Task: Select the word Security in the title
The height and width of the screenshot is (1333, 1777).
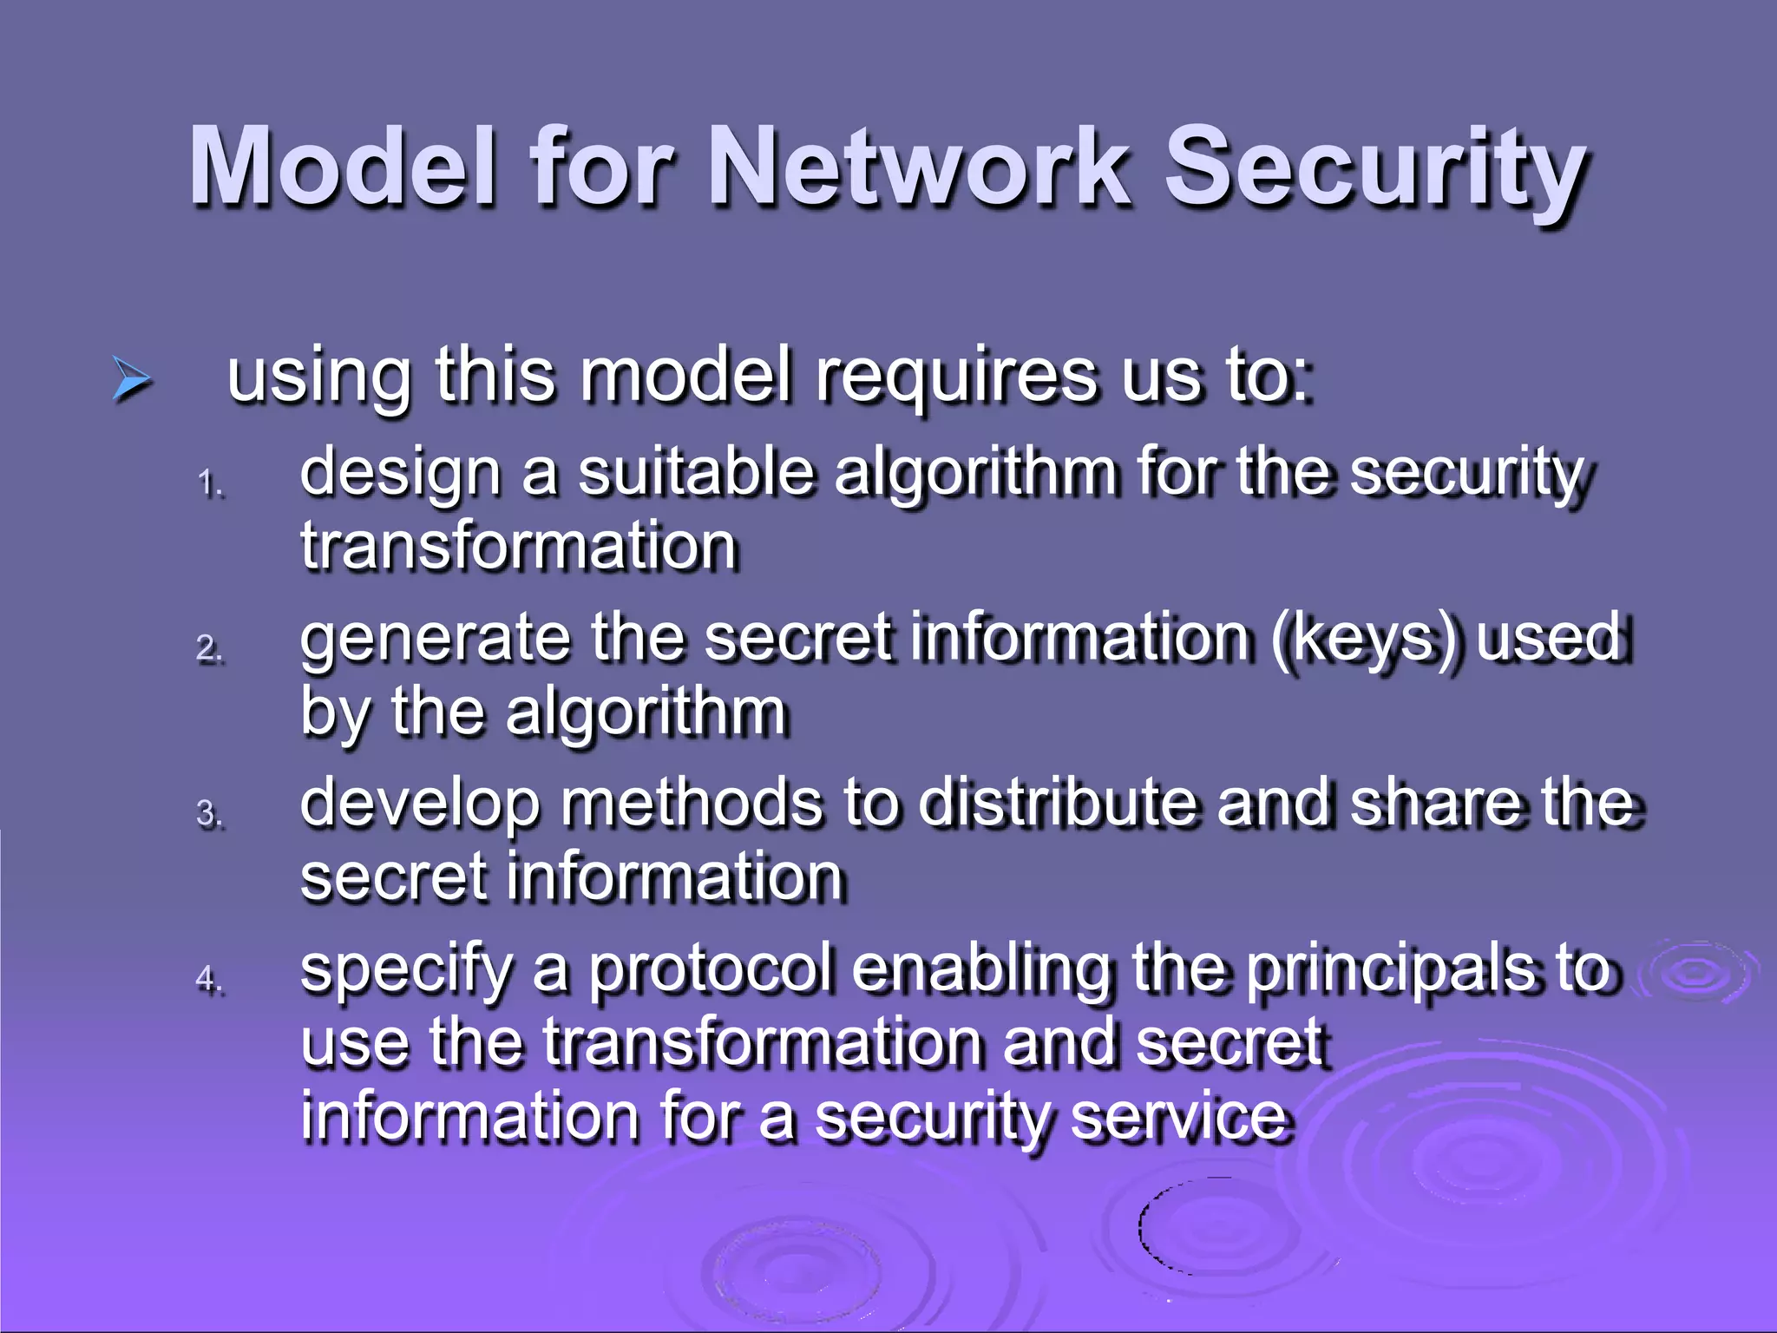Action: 1374,169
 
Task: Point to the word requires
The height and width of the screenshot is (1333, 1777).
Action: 955,378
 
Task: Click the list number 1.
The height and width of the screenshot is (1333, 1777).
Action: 209,483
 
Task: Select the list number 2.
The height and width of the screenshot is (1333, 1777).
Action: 209,647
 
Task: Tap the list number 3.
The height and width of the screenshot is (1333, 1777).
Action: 209,813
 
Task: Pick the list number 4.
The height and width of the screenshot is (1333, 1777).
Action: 209,979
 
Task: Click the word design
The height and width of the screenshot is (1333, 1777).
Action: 400,474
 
